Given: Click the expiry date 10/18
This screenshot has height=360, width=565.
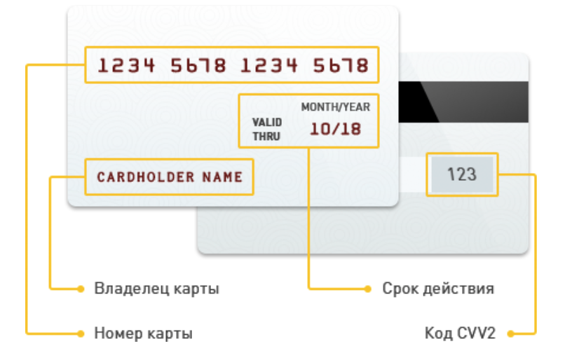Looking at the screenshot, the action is (336, 129).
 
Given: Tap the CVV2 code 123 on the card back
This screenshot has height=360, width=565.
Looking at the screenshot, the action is (462, 174).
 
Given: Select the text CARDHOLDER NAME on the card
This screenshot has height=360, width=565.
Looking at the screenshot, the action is (170, 177).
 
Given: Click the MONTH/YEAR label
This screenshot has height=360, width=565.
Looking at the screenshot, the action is (336, 107).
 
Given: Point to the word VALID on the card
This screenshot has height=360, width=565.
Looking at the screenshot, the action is (267, 123).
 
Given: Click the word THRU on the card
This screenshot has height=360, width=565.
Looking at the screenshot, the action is (266, 137).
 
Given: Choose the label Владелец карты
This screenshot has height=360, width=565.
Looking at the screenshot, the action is (157, 289).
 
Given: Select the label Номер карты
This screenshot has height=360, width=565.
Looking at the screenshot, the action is (144, 333).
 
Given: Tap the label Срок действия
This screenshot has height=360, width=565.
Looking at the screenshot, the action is (438, 289).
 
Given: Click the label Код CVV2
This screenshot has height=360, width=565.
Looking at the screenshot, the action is (460, 333).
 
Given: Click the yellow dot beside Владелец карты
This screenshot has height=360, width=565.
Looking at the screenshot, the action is (81, 289).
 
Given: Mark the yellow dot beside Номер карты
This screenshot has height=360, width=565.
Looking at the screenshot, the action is (81, 333).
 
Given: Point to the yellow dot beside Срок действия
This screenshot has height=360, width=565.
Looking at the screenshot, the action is (367, 289).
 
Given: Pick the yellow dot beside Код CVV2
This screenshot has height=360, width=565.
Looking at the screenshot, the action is (510, 333).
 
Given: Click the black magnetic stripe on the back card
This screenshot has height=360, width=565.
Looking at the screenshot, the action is (464, 102).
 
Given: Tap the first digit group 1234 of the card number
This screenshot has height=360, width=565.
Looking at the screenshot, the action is (126, 66).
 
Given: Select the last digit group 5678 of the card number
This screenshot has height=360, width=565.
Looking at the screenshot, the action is (341, 66).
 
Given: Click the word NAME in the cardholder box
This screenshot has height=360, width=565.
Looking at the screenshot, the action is (222, 177).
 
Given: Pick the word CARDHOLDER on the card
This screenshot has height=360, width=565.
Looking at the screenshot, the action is (146, 177).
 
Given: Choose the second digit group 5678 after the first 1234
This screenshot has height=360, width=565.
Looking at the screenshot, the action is (198, 66).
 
